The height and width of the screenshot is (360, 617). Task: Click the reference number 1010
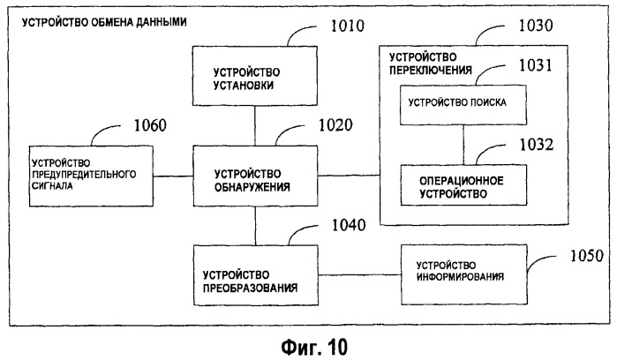[348, 26]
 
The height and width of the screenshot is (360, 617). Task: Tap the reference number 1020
[335, 125]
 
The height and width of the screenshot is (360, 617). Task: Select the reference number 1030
[536, 26]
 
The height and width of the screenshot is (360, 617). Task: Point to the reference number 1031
[536, 65]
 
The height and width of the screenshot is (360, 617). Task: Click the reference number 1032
[537, 145]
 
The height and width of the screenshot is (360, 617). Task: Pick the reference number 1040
[349, 225]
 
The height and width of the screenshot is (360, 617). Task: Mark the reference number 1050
[587, 256]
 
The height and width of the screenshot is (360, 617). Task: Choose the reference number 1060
[150, 125]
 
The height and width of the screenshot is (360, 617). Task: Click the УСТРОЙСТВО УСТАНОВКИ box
[254, 76]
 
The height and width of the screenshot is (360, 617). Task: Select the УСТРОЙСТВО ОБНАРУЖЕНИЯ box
[255, 176]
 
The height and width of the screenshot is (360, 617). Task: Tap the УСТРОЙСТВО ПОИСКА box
[463, 105]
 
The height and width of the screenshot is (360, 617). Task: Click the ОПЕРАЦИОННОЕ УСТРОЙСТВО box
[463, 185]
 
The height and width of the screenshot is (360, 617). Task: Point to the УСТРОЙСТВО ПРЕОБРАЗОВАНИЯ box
[256, 275]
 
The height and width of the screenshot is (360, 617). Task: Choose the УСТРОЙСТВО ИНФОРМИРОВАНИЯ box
[464, 274]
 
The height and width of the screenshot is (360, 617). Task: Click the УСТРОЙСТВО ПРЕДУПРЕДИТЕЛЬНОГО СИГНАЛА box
[91, 176]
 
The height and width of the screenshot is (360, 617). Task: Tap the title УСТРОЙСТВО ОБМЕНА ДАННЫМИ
[104, 22]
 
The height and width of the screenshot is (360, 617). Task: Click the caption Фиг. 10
[314, 347]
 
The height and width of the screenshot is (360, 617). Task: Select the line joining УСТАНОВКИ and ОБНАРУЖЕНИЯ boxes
[254, 125]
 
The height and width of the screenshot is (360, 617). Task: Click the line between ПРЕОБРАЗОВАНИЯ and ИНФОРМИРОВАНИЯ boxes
[359, 274]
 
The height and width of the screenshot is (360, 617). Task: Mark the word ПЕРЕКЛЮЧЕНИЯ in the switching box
[431, 70]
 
